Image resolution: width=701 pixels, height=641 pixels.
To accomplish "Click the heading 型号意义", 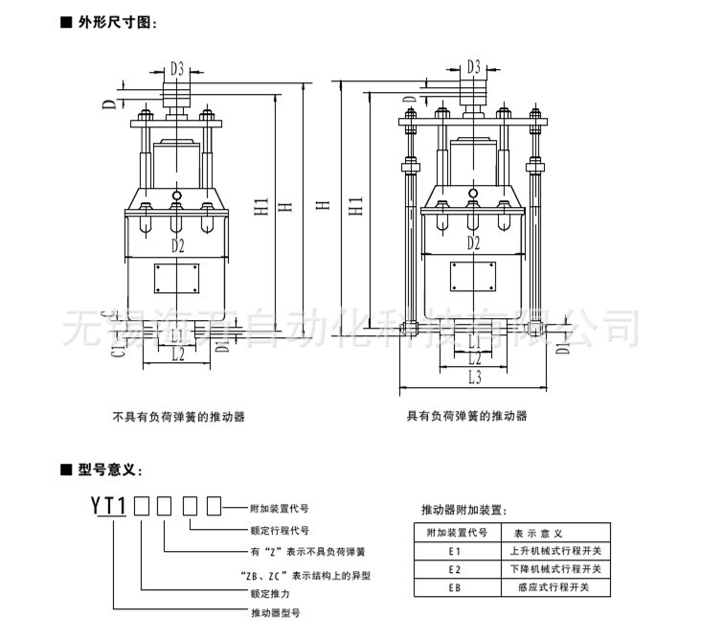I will point(111,469).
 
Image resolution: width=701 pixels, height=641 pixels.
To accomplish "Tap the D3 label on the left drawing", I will point(177,69).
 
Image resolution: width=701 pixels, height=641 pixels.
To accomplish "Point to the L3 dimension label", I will point(474,378).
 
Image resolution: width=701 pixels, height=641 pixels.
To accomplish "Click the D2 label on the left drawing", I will point(177,245).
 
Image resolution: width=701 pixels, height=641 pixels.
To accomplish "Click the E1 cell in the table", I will point(455,551).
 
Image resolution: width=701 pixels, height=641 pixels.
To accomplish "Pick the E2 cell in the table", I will point(455,569).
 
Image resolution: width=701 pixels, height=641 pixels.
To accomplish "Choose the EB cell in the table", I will point(455,587).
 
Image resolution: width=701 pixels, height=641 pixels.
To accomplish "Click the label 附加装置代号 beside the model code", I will point(279,508).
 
